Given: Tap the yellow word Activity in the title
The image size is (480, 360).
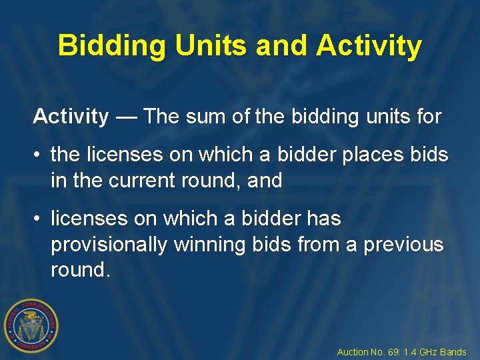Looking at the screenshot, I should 369,46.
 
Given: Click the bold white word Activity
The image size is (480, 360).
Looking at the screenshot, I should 71,117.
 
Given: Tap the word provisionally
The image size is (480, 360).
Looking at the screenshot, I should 109,245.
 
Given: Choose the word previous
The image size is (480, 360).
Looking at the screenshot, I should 403,245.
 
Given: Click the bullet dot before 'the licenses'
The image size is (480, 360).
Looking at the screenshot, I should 38,155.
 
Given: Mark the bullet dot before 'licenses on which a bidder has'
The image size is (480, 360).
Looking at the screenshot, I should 38,219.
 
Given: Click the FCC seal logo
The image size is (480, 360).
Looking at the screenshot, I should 31,325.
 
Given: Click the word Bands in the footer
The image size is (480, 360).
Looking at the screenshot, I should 454,352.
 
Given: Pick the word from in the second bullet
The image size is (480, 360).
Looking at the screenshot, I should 317,245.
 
